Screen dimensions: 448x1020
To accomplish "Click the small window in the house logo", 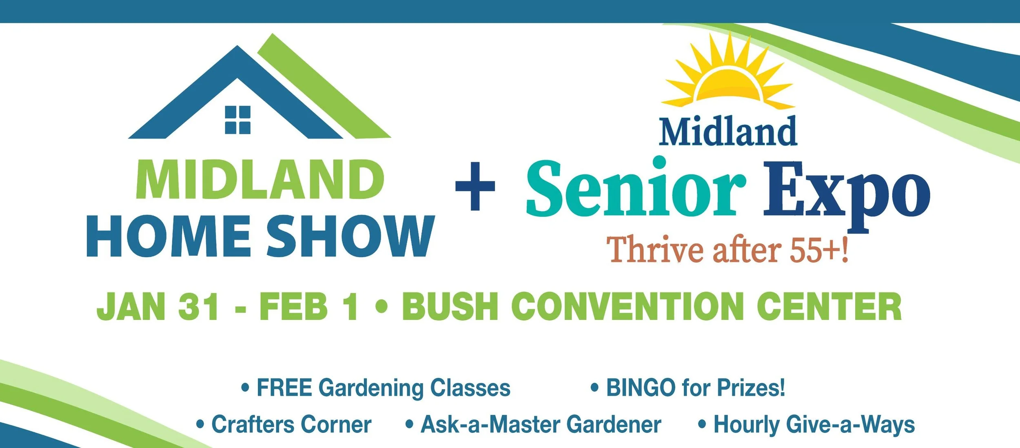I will point(237,120).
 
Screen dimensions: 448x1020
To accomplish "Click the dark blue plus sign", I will point(475,186).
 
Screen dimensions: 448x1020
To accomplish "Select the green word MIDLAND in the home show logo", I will point(260,180).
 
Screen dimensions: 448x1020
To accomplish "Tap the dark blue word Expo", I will point(847,192).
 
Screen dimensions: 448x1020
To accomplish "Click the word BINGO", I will point(641,388).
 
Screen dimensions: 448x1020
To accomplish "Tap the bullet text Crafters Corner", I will point(291,425).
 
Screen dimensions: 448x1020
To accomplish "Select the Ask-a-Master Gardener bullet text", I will point(541,425).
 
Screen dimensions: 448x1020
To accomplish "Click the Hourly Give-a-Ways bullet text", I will point(814,425).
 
